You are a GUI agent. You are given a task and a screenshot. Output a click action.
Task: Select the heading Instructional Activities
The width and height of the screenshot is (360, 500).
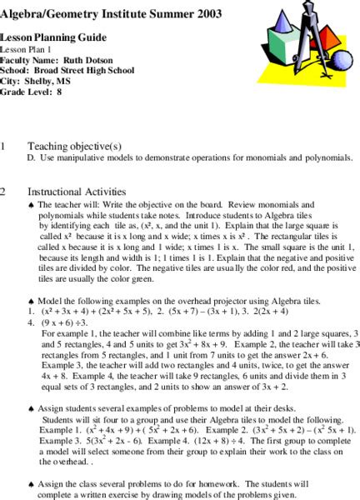77,191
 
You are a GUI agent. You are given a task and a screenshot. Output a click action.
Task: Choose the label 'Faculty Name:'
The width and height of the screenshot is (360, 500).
27,62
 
